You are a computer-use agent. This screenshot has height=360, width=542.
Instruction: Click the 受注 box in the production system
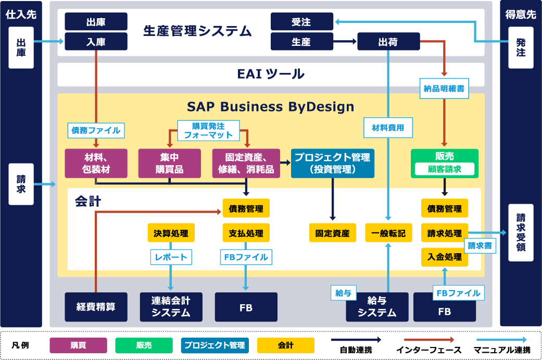pos(302,22)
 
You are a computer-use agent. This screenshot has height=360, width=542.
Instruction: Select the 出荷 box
pos(388,42)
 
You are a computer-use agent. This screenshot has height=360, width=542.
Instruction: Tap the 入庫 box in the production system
pos(96,42)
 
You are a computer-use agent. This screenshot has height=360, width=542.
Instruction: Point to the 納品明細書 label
pos(444,89)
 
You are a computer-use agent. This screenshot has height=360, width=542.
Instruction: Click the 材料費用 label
pos(388,126)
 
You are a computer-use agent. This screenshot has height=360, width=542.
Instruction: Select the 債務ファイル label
pos(96,130)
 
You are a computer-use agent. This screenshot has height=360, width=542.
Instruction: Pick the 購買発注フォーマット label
pos(208,130)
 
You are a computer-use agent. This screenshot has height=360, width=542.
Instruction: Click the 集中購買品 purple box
pos(169,163)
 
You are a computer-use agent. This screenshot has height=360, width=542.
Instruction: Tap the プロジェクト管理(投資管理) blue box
pos(332,163)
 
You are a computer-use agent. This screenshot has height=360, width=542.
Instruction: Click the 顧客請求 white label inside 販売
pos(444,169)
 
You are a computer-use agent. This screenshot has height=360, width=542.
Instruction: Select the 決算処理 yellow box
pos(171,233)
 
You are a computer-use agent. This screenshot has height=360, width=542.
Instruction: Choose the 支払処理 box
pos(246,233)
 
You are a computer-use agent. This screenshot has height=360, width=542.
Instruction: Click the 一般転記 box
pos(388,233)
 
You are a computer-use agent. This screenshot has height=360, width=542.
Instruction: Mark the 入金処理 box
pos(444,257)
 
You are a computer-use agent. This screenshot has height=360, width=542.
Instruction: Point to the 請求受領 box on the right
pos(521,232)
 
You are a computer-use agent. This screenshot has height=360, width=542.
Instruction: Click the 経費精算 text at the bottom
pos(96,307)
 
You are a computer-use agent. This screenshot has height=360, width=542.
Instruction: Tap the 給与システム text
pos(377,307)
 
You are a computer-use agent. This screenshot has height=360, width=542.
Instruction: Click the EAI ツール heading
pos(270,74)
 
